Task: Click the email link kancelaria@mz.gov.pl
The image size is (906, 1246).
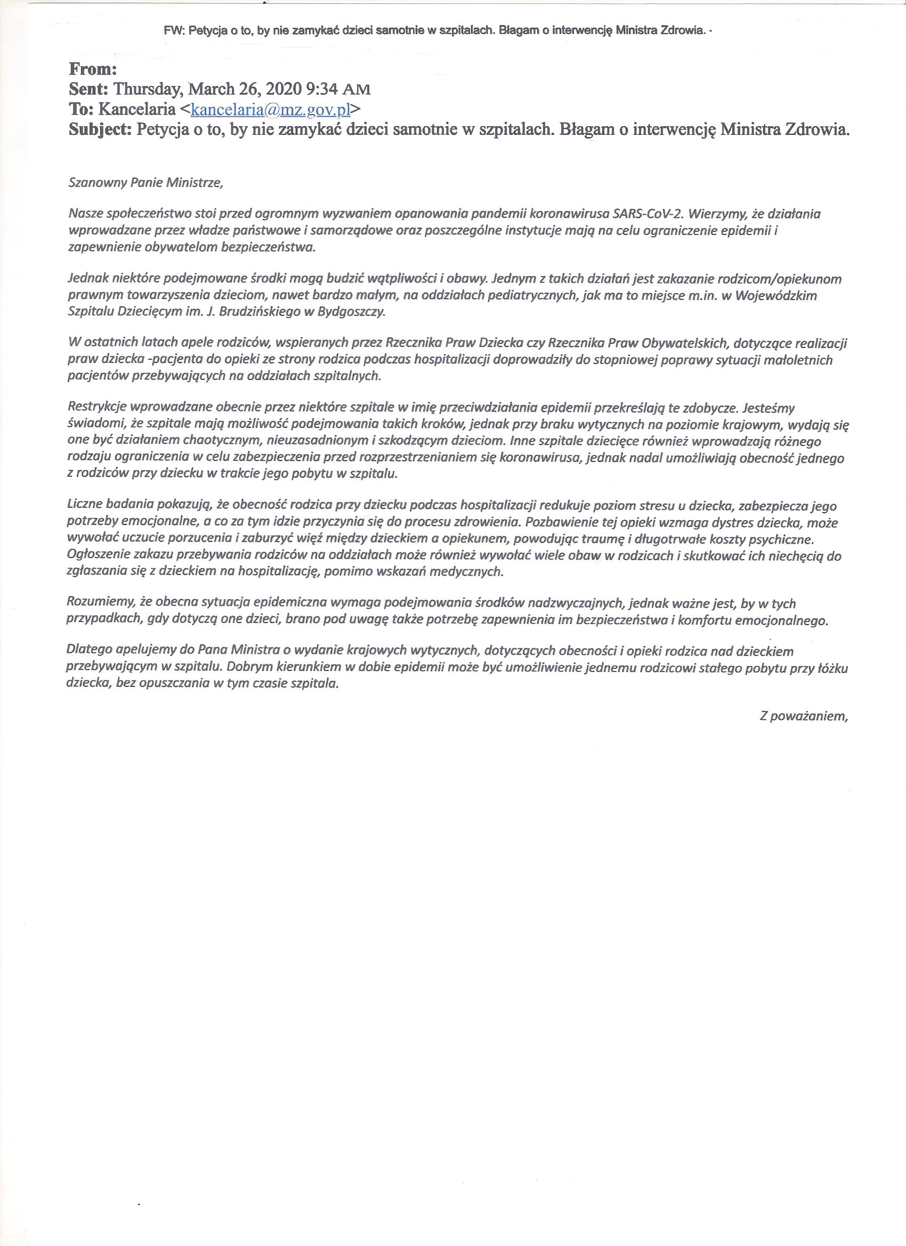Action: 270,109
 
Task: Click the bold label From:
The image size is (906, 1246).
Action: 93,69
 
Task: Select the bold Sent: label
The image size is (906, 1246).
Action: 89,89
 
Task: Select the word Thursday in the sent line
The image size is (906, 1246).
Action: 148,89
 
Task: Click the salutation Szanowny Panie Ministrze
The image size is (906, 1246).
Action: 145,183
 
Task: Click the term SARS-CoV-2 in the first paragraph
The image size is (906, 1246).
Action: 647,215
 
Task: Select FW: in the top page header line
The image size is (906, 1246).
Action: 174,31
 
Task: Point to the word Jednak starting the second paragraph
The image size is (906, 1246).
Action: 85,279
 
